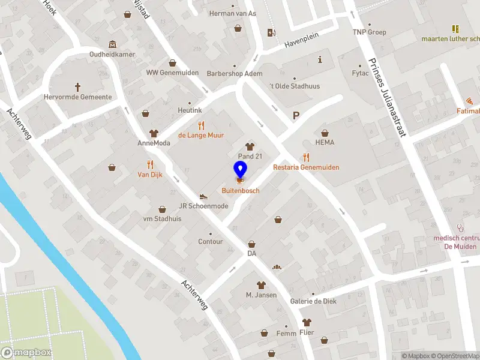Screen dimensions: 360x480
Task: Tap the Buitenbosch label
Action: click(240, 190)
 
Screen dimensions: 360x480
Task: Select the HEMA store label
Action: click(325, 142)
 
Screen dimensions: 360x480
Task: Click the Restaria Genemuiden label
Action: click(306, 167)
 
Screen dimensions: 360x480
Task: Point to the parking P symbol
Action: click(295, 116)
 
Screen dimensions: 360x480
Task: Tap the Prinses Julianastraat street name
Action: click(387, 96)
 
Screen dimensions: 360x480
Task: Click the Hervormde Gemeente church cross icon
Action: click(77, 87)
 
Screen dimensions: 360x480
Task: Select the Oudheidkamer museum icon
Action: click(112, 44)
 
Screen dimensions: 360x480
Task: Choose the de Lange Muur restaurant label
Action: click(201, 135)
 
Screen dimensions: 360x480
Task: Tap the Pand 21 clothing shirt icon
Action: click(250, 146)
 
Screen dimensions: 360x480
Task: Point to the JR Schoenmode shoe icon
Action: click(203, 196)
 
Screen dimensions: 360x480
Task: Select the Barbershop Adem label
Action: click(235, 74)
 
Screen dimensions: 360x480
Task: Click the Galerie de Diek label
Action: click(312, 301)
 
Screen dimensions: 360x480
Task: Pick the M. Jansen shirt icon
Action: click(261, 284)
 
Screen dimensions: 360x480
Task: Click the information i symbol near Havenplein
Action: click(320, 59)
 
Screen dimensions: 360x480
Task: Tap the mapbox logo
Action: click(26, 353)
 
